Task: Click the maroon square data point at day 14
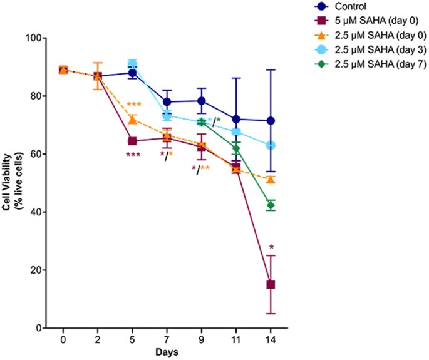click(271, 284)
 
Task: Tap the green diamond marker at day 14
click(271, 205)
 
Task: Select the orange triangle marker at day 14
click(271, 179)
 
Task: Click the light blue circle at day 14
click(271, 145)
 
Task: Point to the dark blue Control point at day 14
click(271, 120)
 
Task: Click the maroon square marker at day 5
click(132, 141)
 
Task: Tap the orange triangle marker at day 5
click(132, 120)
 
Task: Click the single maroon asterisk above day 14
click(271, 247)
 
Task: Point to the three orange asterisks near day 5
click(133, 105)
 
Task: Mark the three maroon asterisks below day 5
click(132, 155)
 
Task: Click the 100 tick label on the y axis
click(41, 38)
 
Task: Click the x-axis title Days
click(167, 352)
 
